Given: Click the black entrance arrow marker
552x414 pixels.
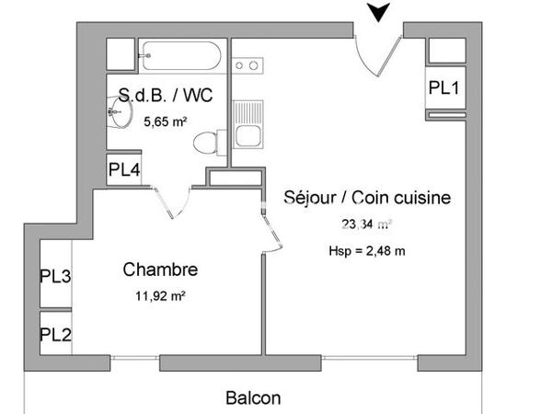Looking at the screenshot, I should pyautogui.click(x=377, y=12).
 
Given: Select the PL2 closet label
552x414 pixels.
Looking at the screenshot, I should pyautogui.click(x=55, y=334).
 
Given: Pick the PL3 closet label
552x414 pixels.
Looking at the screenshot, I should pyautogui.click(x=55, y=275).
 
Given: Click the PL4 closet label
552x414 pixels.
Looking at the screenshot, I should pyautogui.click(x=124, y=169).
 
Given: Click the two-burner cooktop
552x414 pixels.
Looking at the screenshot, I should pyautogui.click(x=246, y=65).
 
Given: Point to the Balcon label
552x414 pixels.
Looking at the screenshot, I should pyautogui.click(x=253, y=398).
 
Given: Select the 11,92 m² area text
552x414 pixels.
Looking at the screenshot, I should pyautogui.click(x=160, y=295).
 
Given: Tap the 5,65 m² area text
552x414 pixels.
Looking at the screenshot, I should pyautogui.click(x=166, y=120).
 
